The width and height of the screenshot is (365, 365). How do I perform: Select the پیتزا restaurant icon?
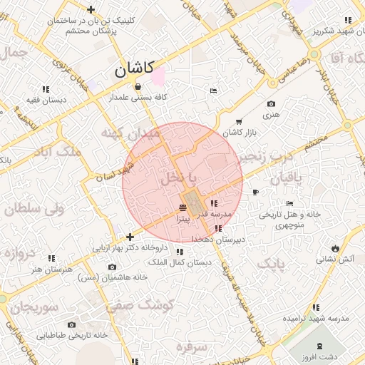click(183, 207)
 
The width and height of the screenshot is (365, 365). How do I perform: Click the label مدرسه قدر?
click(213, 214)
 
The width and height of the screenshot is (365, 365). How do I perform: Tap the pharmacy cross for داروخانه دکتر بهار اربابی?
click(129, 237)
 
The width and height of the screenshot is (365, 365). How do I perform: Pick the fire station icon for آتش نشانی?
click(332, 247)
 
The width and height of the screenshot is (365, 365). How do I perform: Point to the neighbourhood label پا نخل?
click(180, 176)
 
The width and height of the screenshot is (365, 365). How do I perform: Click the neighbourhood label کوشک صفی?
click(141, 304)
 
